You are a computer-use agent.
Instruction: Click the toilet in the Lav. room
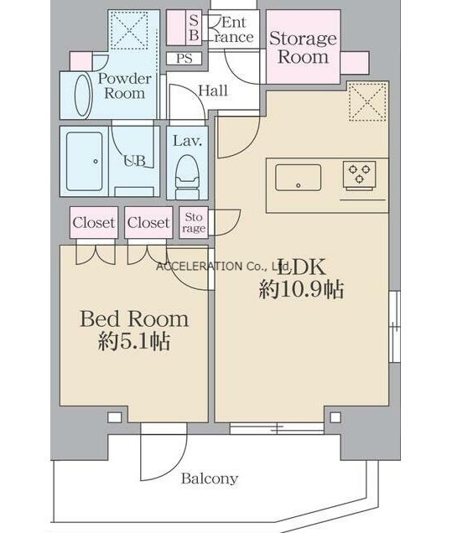click(x=187, y=177)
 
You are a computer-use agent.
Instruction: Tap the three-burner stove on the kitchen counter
click(x=360, y=174)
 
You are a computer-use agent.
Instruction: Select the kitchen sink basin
click(x=299, y=178)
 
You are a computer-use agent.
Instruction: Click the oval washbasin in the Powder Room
click(x=83, y=96)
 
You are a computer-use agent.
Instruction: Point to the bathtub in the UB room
click(x=85, y=162)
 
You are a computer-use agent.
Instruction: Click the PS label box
click(x=184, y=59)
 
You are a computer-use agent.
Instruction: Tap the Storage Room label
click(x=303, y=47)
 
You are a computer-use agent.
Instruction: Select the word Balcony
click(x=210, y=479)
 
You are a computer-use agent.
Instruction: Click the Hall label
click(x=213, y=91)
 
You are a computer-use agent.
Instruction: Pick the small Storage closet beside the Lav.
click(x=194, y=222)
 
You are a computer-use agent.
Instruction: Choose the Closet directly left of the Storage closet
click(x=148, y=223)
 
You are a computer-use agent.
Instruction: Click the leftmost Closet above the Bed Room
click(x=94, y=223)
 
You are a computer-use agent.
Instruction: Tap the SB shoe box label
click(x=194, y=28)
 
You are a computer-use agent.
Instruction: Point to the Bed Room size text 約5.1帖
click(x=134, y=341)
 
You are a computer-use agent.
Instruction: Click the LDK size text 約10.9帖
click(x=301, y=290)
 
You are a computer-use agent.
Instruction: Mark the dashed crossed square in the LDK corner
click(x=368, y=101)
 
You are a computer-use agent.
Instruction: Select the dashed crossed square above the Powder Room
click(x=130, y=30)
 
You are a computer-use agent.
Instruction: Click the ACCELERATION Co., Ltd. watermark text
click(x=224, y=266)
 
